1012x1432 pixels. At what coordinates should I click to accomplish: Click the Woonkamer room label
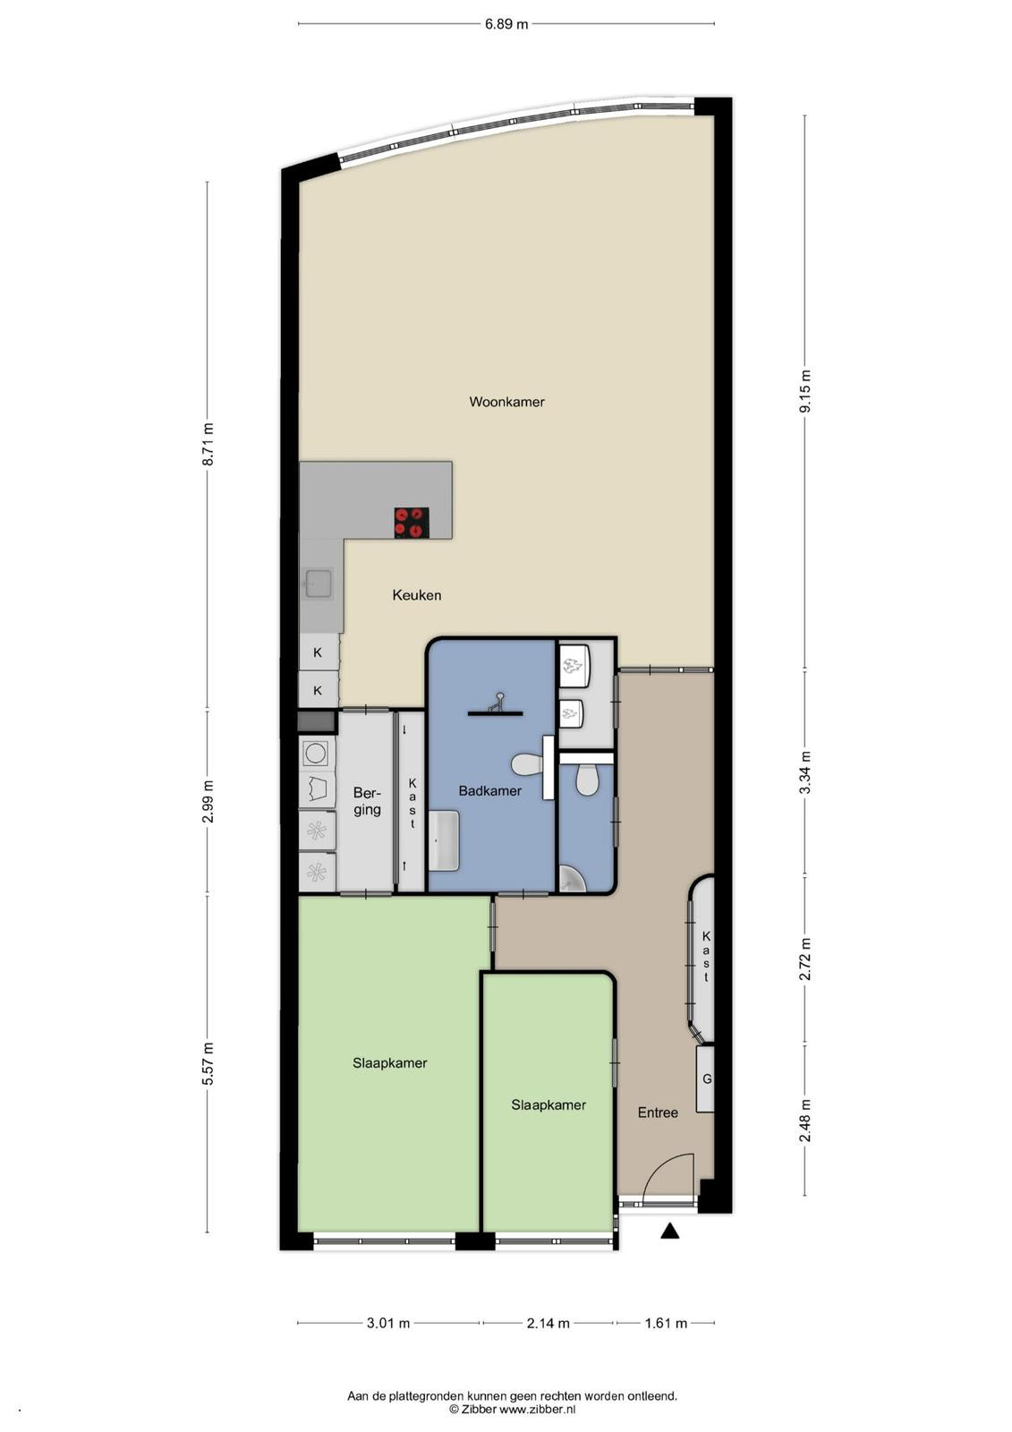[506, 402]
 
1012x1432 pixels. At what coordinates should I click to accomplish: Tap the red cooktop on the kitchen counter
[411, 522]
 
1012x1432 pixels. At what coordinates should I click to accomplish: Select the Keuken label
[416, 595]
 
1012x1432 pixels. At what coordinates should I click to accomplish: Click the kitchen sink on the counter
[318, 583]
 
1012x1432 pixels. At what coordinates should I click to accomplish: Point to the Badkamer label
[489, 791]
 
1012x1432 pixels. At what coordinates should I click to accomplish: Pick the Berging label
[367, 801]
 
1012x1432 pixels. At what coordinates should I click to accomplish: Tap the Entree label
[658, 1113]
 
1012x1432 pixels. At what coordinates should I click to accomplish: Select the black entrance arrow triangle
[669, 1231]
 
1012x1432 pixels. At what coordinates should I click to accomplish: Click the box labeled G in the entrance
[705, 1079]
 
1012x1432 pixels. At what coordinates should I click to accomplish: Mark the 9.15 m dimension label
[805, 390]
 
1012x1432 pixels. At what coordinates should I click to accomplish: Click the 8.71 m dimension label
[207, 445]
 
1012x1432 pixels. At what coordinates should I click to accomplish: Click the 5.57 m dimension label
[207, 1063]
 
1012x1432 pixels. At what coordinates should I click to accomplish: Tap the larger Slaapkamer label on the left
[389, 1063]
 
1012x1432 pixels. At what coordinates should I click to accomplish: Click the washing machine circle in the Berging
[316, 753]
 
